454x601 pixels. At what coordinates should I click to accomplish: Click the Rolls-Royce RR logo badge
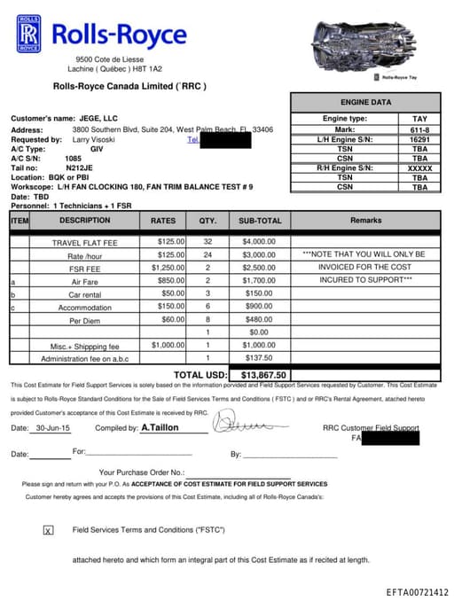[29, 33]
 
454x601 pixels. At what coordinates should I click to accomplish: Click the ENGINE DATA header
[365, 103]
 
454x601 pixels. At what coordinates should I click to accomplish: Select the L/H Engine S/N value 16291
[419, 139]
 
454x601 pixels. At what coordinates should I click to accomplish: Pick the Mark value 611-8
[419, 129]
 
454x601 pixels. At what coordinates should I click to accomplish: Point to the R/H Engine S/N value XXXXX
[419, 168]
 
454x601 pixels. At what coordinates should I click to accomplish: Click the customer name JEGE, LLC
[98, 118]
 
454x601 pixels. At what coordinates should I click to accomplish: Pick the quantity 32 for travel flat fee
[207, 241]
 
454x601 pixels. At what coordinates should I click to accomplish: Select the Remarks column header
[365, 220]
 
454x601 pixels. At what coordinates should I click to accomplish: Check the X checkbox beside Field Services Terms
[48, 530]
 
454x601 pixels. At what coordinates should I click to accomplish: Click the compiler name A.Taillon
[161, 427]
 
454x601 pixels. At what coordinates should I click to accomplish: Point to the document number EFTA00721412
[417, 592]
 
